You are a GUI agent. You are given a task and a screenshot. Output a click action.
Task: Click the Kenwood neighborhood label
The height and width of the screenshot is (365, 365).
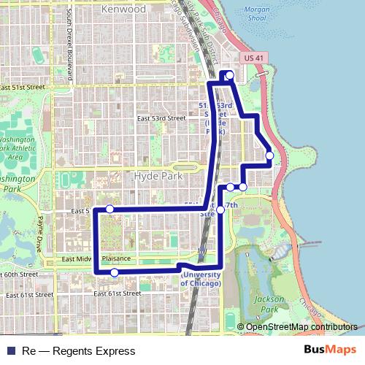[124, 9]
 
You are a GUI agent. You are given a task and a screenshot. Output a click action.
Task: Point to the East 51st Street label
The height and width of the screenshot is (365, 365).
[23, 87]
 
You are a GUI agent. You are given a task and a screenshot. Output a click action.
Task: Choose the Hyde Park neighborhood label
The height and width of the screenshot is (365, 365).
[156, 176]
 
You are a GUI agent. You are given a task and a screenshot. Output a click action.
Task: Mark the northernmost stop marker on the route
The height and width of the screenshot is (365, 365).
[230, 75]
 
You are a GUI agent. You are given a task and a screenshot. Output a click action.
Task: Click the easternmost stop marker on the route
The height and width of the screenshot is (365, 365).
[269, 155]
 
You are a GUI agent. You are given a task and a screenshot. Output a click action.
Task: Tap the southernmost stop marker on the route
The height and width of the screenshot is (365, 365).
[114, 272]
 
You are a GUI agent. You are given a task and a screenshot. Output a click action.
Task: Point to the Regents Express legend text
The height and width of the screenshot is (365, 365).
[68, 351]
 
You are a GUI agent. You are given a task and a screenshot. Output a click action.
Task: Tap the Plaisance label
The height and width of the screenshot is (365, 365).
[116, 258]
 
